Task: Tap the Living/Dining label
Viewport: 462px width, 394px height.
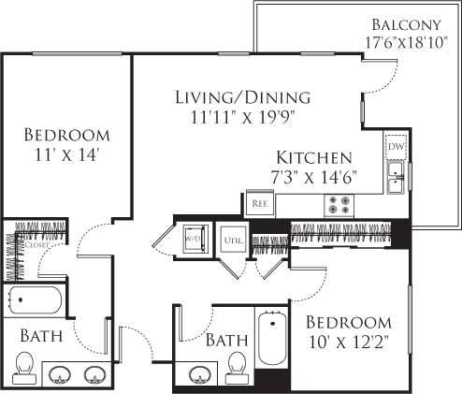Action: coord(242,97)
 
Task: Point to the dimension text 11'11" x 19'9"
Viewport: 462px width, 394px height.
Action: coord(242,117)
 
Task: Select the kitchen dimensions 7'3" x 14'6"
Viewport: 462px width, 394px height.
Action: coord(313,177)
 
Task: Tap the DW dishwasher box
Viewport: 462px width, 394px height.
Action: coord(395,147)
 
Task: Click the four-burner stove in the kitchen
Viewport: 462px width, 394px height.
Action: coord(338,204)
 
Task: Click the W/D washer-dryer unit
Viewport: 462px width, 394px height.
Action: coord(195,239)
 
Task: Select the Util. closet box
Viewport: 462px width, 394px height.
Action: coord(233,241)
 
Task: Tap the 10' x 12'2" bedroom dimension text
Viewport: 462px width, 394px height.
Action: coord(349,342)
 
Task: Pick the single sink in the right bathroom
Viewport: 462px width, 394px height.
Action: coord(198,374)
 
